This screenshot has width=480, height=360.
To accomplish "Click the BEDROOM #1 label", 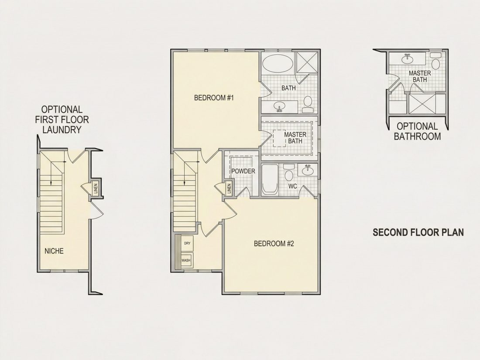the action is pyautogui.click(x=214, y=98).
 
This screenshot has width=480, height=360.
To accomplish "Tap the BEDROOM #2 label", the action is pyautogui.click(x=274, y=243).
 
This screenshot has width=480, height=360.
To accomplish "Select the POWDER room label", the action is pyautogui.click(x=243, y=171).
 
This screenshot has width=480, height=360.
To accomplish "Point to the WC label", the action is pyautogui.click(x=292, y=186).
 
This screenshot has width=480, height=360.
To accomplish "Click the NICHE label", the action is pyautogui.click(x=54, y=251).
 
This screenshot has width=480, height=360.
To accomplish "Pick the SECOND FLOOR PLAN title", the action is pyautogui.click(x=418, y=232).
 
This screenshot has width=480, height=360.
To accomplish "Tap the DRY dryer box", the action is pyautogui.click(x=187, y=243).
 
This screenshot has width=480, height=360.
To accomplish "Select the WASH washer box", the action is pyautogui.click(x=186, y=260).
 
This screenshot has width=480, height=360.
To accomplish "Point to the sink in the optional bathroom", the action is pyautogui.click(x=407, y=58).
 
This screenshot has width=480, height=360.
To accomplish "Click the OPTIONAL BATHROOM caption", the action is pyautogui.click(x=417, y=131).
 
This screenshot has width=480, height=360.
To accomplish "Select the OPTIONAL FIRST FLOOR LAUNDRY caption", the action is pyautogui.click(x=62, y=120).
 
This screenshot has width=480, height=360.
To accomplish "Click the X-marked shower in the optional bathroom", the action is pyautogui.click(x=424, y=104).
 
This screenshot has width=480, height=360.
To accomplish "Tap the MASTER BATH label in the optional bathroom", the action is pyautogui.click(x=420, y=76).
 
